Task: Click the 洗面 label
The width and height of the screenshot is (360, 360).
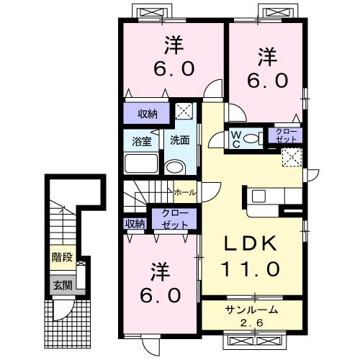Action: [179, 141]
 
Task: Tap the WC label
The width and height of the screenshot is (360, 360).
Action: [235, 137]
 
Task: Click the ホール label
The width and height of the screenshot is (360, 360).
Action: [184, 193]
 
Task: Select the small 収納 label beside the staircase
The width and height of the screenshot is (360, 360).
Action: [135, 224]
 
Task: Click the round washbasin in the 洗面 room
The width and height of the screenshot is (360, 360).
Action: [174, 168]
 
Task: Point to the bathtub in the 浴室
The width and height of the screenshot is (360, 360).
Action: [141, 163]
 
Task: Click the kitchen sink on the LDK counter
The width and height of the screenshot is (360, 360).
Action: [259, 196]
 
